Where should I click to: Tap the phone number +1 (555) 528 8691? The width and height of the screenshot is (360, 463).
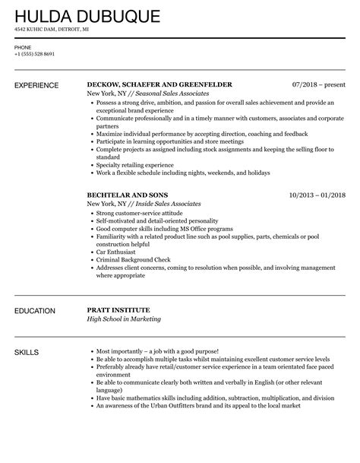pyautogui.click(x=35, y=55)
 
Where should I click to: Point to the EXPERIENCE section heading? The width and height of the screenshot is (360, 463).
pyautogui.click(x=39, y=84)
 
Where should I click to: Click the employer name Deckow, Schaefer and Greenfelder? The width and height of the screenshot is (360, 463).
pyautogui.click(x=159, y=84)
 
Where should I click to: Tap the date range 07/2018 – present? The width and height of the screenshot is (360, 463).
pyautogui.click(x=319, y=84)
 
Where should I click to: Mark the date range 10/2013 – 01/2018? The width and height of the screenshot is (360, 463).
pyautogui.click(x=317, y=195)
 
